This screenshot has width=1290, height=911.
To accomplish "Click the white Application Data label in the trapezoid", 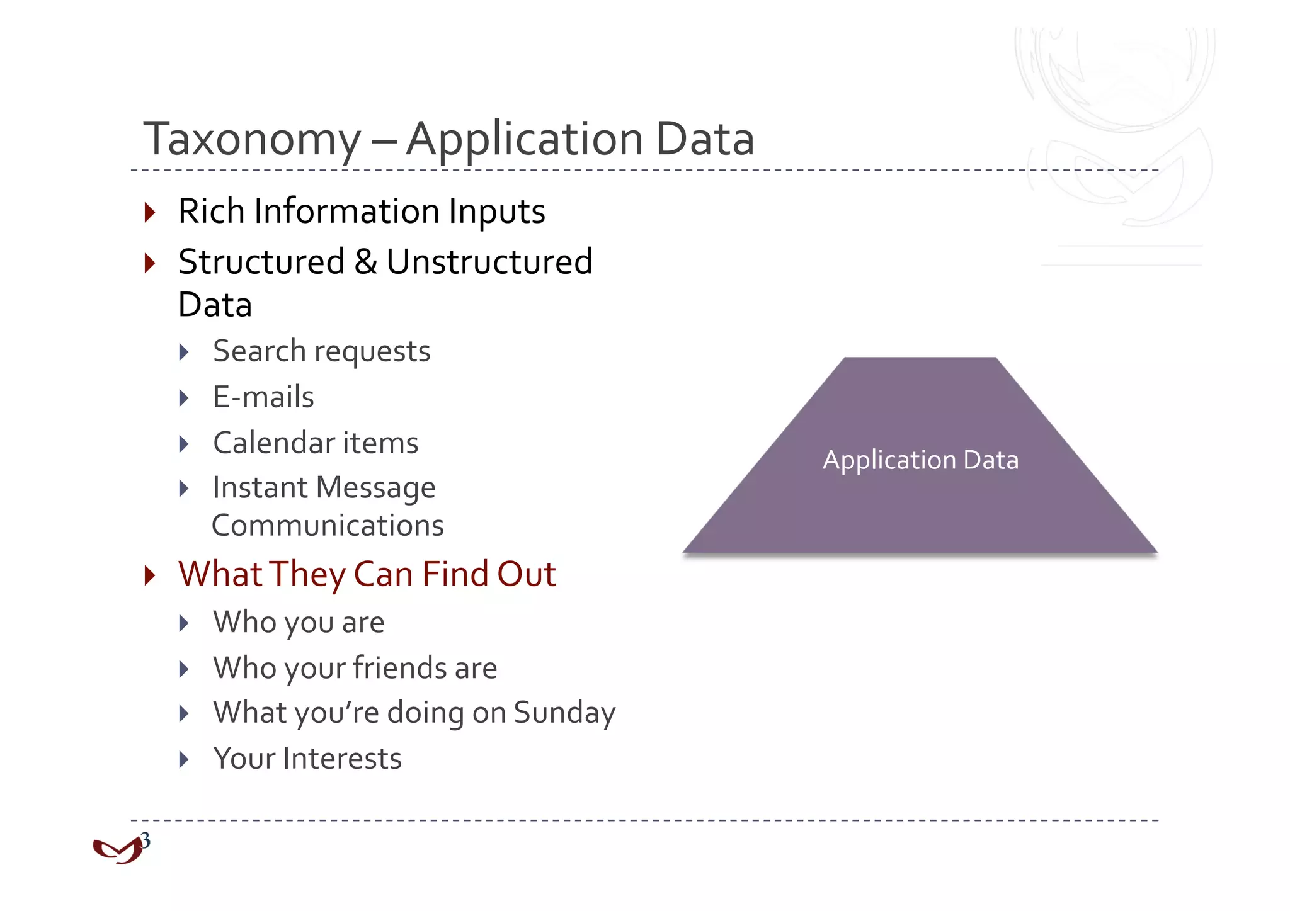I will coord(920,460).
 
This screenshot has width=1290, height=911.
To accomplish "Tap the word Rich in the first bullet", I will coord(211,211).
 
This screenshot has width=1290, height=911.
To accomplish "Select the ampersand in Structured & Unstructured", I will coord(366,262).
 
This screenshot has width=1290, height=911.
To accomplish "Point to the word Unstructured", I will coord(489,262).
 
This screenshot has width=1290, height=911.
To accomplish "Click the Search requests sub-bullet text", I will coord(321,351).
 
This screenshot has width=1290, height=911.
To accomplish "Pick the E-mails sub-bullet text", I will coord(263,397).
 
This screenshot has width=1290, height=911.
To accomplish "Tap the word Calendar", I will coord(273,443).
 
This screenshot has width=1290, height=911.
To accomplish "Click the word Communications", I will coord(328,526).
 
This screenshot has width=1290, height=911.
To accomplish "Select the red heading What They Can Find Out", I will coord(367,574).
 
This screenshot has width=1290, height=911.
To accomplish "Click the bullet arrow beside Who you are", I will coord(184,623).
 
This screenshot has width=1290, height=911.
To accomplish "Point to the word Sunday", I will coord(564,713).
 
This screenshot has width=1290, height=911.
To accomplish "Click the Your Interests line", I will coord(307,759).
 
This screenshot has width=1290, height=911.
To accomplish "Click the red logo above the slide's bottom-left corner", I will coord(117,851).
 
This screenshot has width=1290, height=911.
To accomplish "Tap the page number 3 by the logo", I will coord(146,840).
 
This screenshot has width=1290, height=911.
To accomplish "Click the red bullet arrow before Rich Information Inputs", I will coord(149,212).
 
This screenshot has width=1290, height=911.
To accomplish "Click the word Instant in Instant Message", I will coord(260,488).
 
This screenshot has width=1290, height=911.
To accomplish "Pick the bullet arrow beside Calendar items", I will coord(184,444).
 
